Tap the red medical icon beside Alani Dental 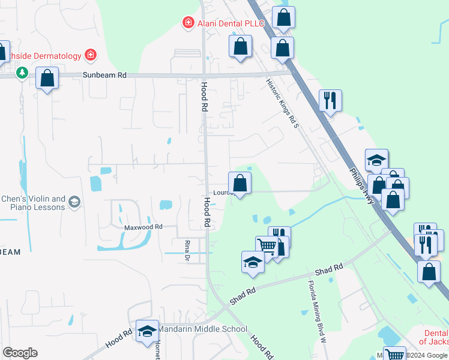pyautogui.click(x=188, y=23)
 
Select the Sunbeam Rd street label pyautogui.click(x=104, y=76)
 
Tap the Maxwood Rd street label pyautogui.click(x=143, y=227)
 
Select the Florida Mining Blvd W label pyautogui.click(x=316, y=310)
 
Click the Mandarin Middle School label pyautogui.click(x=202, y=329)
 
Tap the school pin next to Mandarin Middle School pyautogui.click(x=146, y=331)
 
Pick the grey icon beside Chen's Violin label pyautogui.click(x=74, y=202)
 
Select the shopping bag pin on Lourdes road pyautogui.click(x=240, y=182)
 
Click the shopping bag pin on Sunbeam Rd pyautogui.click(x=47, y=78)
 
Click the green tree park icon pyautogui.click(x=22, y=73)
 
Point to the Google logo pyautogui.click(x=19, y=352)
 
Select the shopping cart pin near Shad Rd pyautogui.click(x=267, y=245)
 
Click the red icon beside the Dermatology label pyautogui.click(x=90, y=56)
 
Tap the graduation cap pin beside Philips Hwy pyautogui.click(x=376, y=160)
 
